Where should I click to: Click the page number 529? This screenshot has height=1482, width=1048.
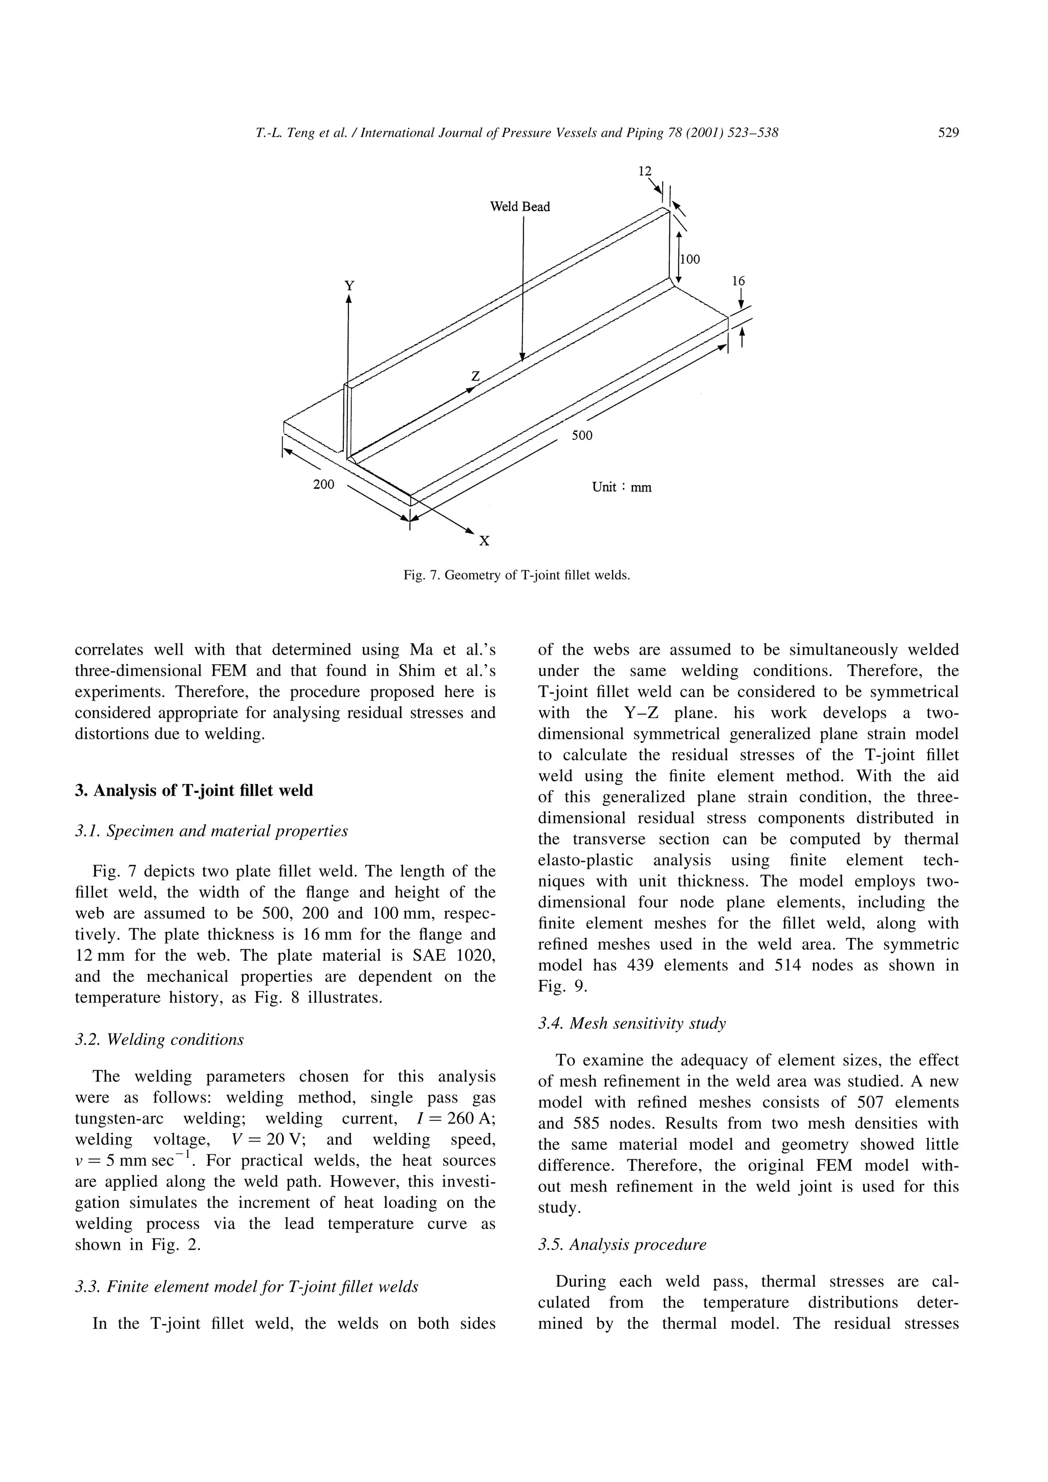click(948, 133)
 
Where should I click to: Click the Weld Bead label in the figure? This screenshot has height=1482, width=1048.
click(520, 207)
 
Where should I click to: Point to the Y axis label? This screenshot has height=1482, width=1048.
click(348, 285)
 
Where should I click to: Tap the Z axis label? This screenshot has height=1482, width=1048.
click(475, 376)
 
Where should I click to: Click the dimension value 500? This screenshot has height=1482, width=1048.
click(581, 436)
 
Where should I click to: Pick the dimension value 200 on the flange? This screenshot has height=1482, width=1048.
click(323, 484)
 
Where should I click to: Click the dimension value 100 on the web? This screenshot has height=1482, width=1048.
click(690, 259)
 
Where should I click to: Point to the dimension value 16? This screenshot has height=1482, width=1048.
click(738, 281)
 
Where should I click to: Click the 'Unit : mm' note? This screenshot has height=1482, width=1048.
click(621, 487)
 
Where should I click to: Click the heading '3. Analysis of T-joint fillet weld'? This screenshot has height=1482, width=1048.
click(194, 791)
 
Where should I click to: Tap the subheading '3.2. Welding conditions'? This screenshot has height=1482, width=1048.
click(160, 1039)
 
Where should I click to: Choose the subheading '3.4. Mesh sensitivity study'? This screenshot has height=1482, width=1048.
click(631, 1023)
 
